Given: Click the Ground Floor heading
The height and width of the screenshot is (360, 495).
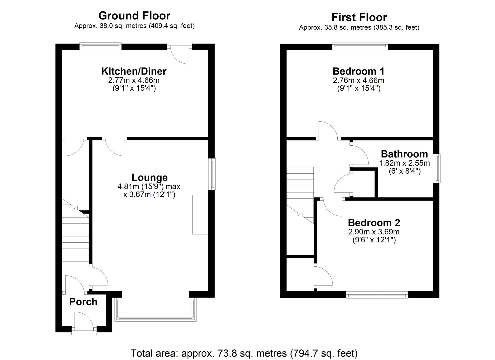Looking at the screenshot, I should click(134, 16).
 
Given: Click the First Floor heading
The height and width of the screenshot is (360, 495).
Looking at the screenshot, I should click(359, 17).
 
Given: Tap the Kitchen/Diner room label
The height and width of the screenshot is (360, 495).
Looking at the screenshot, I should click(134, 71).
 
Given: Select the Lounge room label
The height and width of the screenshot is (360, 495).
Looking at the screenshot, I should click(149, 177).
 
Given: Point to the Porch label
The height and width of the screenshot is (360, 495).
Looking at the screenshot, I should click(83, 302).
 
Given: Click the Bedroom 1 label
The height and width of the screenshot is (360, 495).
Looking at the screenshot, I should click(358, 71).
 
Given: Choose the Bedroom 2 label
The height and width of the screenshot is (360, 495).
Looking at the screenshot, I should click(374, 223).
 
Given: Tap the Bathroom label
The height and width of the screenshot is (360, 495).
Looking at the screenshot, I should click(404, 154).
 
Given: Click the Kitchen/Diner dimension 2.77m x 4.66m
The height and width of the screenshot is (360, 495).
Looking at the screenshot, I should click(134, 80).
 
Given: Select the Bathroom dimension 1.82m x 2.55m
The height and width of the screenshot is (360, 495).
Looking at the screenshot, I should click(404, 163).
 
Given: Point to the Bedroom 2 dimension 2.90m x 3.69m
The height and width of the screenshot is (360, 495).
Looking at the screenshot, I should click(374, 232).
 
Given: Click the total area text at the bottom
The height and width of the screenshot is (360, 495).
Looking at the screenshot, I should click(244, 353).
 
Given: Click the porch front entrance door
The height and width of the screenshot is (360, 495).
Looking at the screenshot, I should click(84, 322).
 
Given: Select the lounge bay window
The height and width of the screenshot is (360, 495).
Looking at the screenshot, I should click(156, 316).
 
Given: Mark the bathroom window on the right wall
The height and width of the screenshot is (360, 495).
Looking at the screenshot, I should click(437, 168).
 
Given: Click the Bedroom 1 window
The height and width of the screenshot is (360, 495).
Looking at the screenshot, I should click(360, 46).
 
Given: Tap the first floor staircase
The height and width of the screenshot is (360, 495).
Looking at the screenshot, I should click(300, 193).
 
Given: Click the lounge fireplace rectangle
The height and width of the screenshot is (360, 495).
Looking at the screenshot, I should click(200, 215).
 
